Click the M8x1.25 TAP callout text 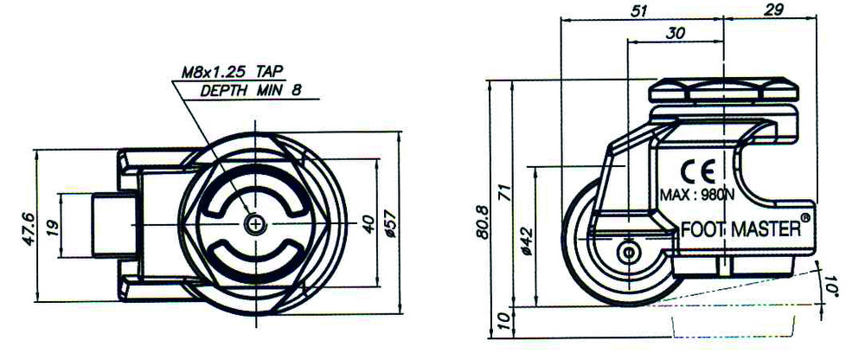pyautogui.click(x=232, y=73)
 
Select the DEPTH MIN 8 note pyautogui.click(x=251, y=91)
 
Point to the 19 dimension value pyautogui.click(x=53, y=226)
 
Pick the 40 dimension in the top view pyautogui.click(x=368, y=223)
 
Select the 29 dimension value pyautogui.click(x=774, y=10)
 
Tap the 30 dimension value pyautogui.click(x=675, y=33)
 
